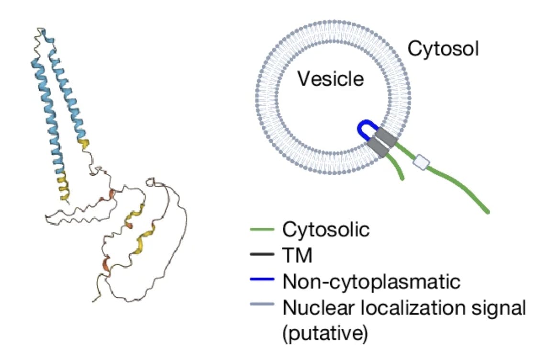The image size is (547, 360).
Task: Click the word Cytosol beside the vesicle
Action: click(443, 49)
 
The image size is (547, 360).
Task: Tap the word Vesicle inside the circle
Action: click(331, 79)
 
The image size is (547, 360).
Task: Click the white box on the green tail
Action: click(422, 163)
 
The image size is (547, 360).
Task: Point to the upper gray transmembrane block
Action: click(385, 137)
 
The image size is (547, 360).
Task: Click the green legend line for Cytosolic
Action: click(262, 230)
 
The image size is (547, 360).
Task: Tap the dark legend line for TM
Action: click(262, 256)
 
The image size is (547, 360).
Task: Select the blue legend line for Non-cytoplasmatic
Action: click(262, 281)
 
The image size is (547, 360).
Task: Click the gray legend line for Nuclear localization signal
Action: click(262, 307)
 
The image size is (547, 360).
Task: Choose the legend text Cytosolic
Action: click(326, 230)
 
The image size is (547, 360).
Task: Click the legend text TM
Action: click(297, 256)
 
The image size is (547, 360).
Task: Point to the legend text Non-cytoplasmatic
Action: click(371, 281)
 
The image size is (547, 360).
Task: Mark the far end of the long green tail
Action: click(486, 210)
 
